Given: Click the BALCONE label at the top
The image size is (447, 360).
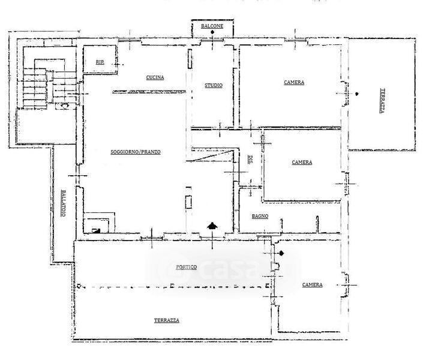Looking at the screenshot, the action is click(x=212, y=26).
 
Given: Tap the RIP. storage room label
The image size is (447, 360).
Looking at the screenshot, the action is click(x=100, y=62).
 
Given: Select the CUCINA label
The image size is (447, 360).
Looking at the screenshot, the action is click(x=155, y=77).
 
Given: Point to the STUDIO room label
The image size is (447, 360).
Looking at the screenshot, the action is click(x=214, y=85).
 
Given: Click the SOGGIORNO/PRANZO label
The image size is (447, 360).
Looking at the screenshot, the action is click(x=136, y=152).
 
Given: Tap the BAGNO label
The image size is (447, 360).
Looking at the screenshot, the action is click(x=260, y=217).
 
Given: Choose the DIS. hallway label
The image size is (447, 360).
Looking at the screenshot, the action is click(x=251, y=159).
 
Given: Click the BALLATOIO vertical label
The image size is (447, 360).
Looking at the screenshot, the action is click(x=63, y=203).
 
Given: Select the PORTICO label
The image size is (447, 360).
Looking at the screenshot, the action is click(x=187, y=267).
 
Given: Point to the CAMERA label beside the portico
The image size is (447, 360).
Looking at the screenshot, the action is click(x=313, y=285).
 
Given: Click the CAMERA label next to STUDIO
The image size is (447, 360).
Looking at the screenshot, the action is click(x=294, y=82).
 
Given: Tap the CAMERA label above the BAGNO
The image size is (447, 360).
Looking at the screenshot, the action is click(x=302, y=162).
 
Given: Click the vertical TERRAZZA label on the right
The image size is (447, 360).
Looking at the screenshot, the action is click(x=383, y=101).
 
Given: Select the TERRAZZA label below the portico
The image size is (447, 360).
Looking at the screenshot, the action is click(x=167, y=320).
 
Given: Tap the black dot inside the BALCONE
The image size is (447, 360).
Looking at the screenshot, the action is click(x=212, y=32).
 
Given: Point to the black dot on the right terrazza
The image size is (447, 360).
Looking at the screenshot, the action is click(x=356, y=94).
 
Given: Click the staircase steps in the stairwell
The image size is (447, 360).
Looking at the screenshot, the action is click(x=35, y=88).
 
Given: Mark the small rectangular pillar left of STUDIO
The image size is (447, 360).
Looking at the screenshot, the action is click(x=190, y=59).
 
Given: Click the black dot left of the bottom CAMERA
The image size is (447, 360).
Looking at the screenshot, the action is click(x=281, y=253).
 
